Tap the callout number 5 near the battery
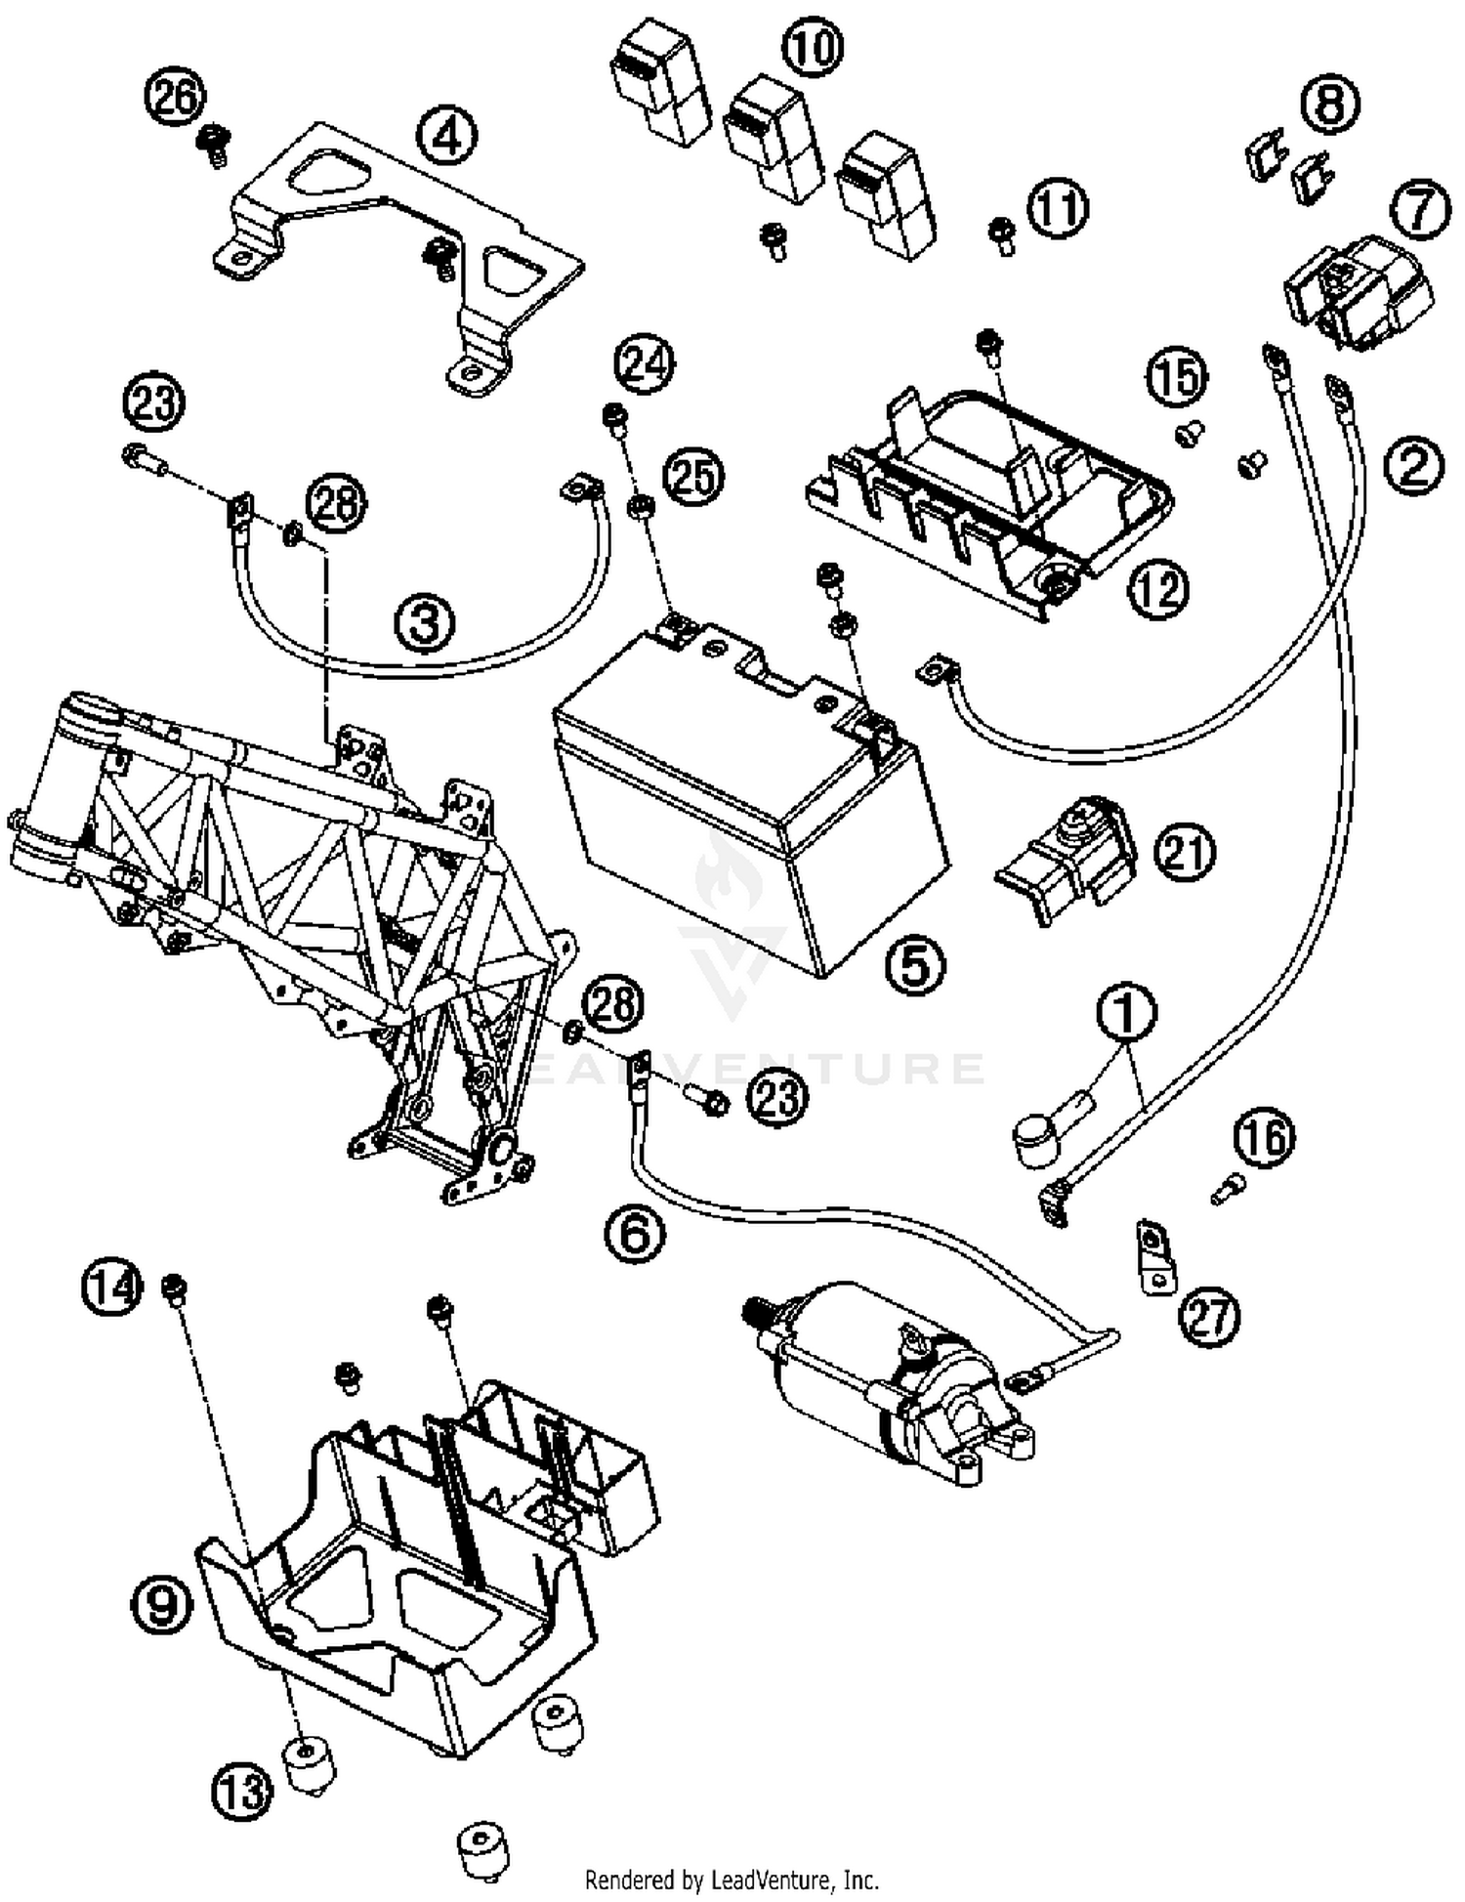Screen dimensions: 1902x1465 click(915, 965)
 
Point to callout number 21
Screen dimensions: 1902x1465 click(1184, 853)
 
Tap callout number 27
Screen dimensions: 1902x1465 click(1209, 1318)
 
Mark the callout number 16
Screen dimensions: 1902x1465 click(1264, 1138)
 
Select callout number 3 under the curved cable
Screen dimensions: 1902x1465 click(425, 621)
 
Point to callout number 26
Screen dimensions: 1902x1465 click(176, 99)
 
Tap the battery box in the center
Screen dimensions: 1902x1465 click(752, 801)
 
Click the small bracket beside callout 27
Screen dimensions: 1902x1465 click(1155, 1254)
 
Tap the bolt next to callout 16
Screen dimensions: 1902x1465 click(1225, 1189)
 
